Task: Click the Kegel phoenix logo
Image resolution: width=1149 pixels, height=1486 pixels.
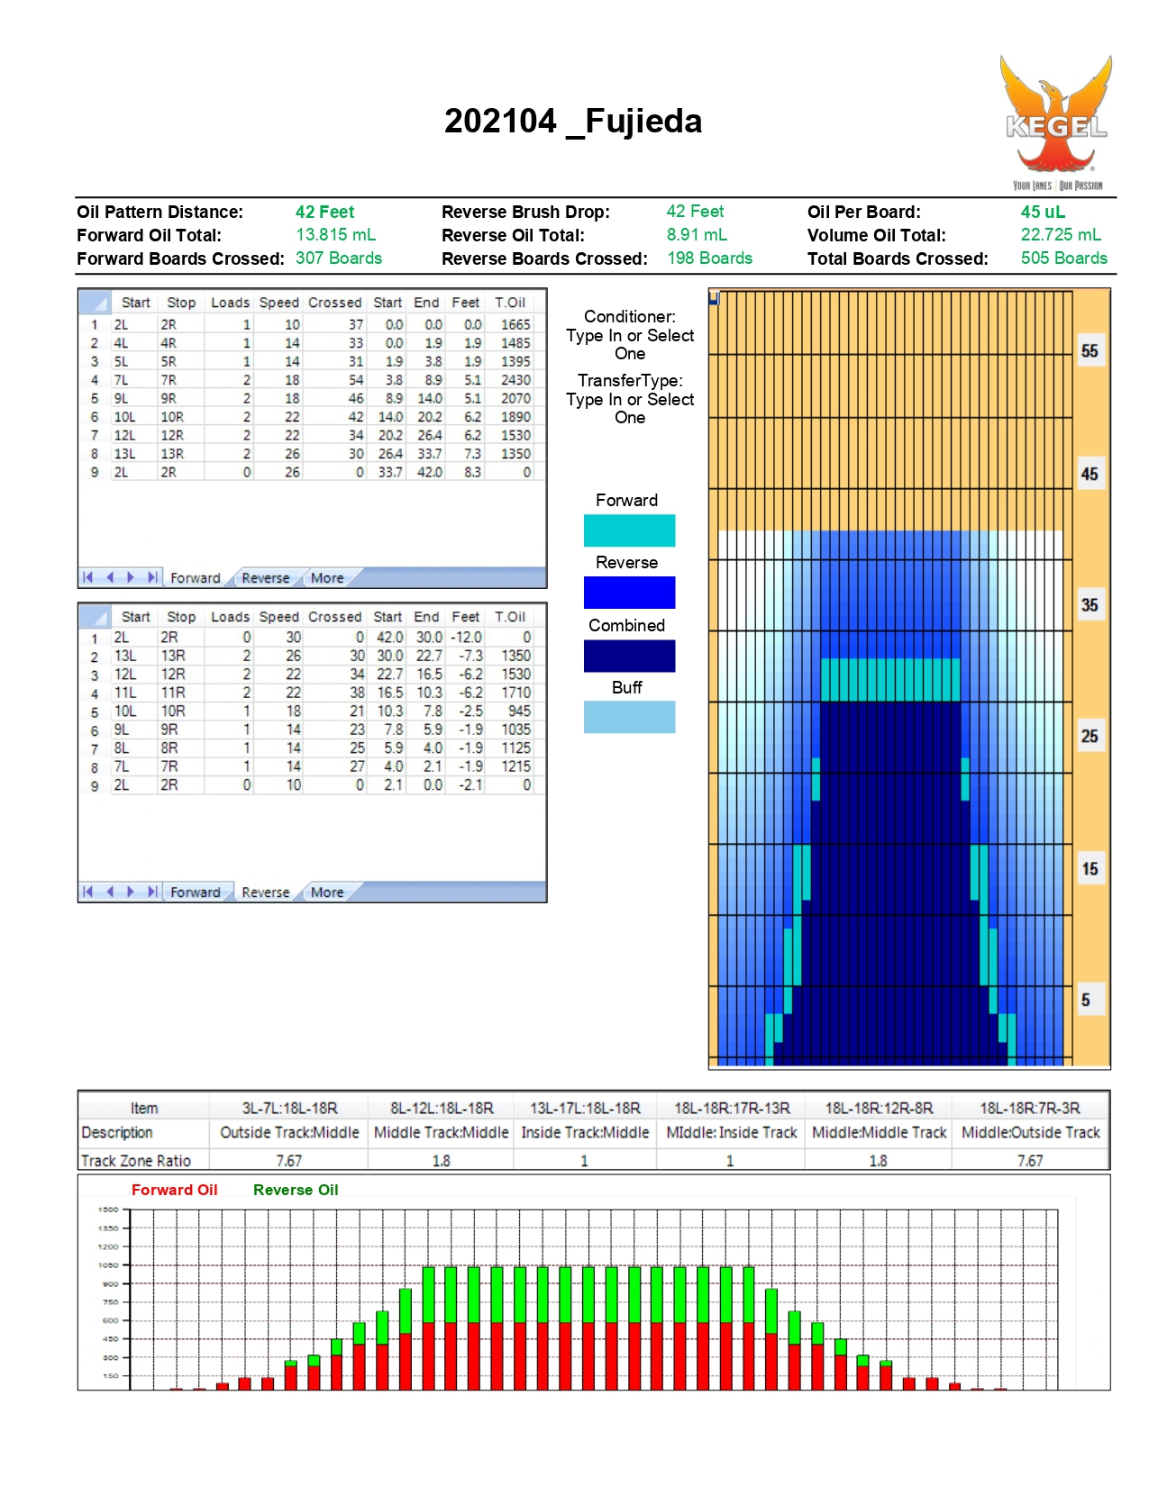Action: (1056, 122)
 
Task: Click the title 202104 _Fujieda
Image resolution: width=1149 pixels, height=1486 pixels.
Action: (573, 121)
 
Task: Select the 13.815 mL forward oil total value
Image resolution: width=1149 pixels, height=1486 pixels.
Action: (335, 234)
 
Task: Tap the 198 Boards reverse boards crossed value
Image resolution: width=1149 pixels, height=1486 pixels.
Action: (709, 258)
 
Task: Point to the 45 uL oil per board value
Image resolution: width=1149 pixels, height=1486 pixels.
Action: (1043, 212)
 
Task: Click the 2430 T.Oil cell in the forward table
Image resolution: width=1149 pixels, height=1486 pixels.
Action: (515, 379)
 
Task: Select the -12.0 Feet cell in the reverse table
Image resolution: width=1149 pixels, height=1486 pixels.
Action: (466, 637)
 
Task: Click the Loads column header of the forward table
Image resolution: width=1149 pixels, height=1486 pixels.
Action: (230, 303)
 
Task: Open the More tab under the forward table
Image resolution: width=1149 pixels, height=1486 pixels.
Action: (327, 578)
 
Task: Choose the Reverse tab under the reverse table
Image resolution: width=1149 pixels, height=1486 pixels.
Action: (266, 893)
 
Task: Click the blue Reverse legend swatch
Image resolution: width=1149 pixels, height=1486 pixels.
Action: (629, 593)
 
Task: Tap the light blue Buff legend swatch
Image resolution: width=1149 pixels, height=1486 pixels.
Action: (629, 717)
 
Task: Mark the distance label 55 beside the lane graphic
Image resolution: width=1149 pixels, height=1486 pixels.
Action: (1089, 351)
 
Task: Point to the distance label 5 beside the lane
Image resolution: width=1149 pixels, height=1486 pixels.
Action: (1085, 1000)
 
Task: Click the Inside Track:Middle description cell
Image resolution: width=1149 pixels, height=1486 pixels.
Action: (585, 1132)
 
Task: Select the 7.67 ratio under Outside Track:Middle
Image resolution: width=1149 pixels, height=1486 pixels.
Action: (288, 1161)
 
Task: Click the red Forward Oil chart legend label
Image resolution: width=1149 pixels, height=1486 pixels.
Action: (175, 1190)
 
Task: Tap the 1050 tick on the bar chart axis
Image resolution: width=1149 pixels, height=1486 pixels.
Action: (108, 1265)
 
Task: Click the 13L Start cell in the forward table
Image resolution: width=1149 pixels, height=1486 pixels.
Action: (124, 453)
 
